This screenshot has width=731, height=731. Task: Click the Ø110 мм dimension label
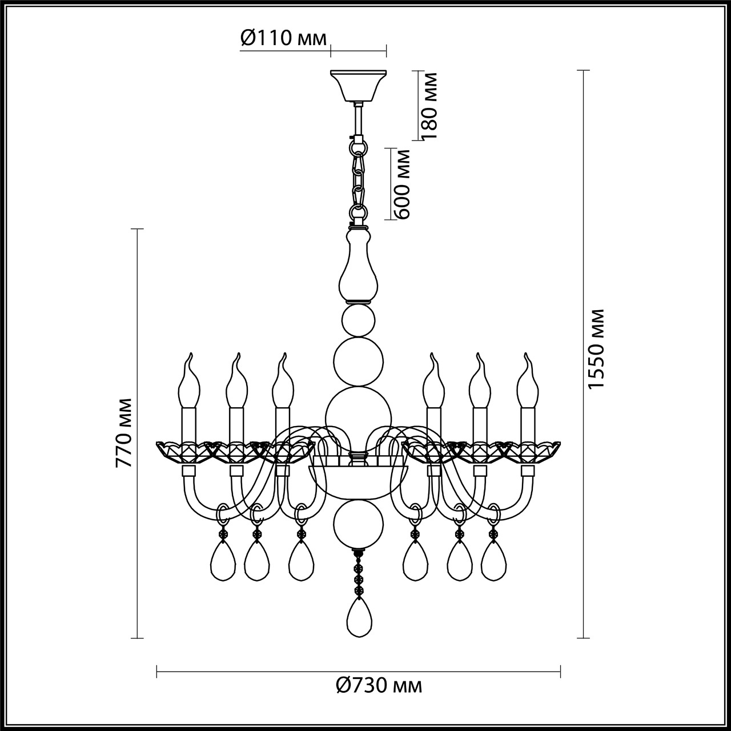pos(284,38)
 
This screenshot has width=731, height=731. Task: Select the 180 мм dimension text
pos(429,106)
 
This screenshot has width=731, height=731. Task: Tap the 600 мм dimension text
pos(403,184)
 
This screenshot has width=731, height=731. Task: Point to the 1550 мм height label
pos(596,350)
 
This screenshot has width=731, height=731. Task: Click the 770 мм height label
pos(124,432)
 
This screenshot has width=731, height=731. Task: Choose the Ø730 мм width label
pos(379,685)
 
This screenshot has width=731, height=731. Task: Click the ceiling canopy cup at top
pos(359,84)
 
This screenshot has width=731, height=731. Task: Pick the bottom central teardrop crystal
pos(358,617)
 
